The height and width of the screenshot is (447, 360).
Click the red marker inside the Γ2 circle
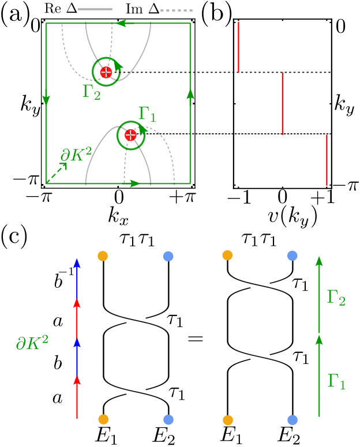pos(106,72)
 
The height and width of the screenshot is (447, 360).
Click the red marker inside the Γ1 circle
pos(130,135)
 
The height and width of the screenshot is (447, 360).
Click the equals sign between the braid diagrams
pos(196,338)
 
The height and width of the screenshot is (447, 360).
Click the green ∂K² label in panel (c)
pos(32,343)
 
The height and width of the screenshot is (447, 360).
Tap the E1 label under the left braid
pos(106,435)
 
